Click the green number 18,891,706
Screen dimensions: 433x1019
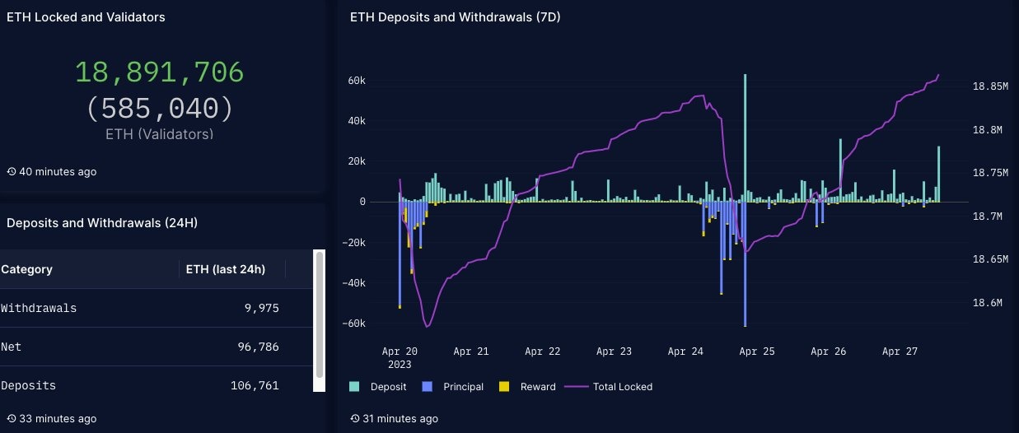[x=159, y=72]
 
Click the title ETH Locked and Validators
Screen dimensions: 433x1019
[x=86, y=17]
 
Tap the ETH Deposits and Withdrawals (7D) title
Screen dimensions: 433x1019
[x=455, y=17]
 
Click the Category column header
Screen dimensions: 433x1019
[x=27, y=269]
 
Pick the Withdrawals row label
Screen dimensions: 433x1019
[x=39, y=308]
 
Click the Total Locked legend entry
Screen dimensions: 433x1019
[x=613, y=387]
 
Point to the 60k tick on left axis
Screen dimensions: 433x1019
[x=356, y=81]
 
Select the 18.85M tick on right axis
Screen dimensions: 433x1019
[x=990, y=86]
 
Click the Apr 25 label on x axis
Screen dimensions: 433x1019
[x=757, y=352]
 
